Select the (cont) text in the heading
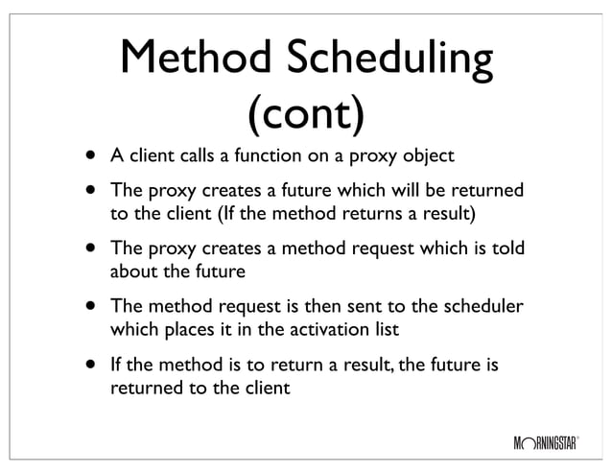(x=306, y=114)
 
